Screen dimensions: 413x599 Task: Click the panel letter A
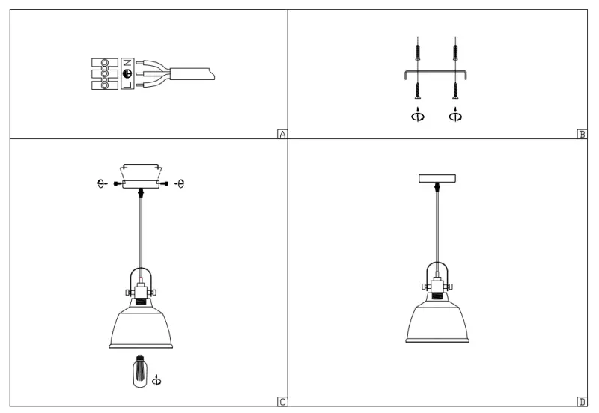coord(282,135)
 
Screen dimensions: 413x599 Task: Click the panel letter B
coord(582,135)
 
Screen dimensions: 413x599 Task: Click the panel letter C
coord(282,402)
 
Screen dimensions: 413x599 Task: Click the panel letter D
coord(582,402)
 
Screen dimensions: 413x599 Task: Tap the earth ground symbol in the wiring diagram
coord(127,73)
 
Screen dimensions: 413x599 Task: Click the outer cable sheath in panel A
coord(193,73)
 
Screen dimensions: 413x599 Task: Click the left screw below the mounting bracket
coord(417,91)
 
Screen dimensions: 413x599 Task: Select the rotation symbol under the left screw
coord(417,116)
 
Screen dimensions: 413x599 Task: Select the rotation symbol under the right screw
coord(454,116)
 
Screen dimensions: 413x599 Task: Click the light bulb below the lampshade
coord(139,370)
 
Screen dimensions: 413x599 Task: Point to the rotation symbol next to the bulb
coord(156,380)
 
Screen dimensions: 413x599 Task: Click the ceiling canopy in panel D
coord(437,178)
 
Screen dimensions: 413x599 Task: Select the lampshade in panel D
coord(437,322)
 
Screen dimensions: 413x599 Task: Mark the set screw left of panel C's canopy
coord(117,183)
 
